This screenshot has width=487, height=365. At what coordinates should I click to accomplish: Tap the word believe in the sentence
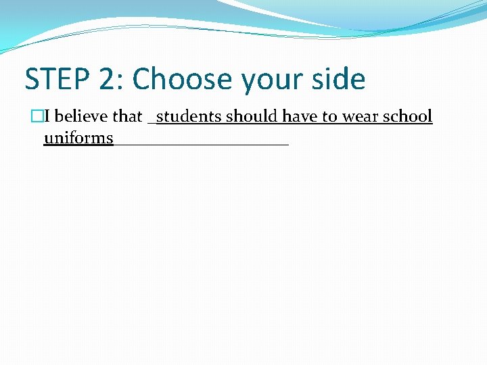82,116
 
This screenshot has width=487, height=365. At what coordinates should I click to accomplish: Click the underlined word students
189,116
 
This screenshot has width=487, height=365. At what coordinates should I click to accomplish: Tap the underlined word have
300,116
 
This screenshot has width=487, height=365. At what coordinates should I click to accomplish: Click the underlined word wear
360,117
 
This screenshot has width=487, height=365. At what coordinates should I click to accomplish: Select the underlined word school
407,116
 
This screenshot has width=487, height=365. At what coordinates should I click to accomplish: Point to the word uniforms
78,138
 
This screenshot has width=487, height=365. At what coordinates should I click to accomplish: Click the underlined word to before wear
329,117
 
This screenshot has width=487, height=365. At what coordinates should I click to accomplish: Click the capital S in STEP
32,79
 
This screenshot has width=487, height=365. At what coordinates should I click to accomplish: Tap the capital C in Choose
142,79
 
